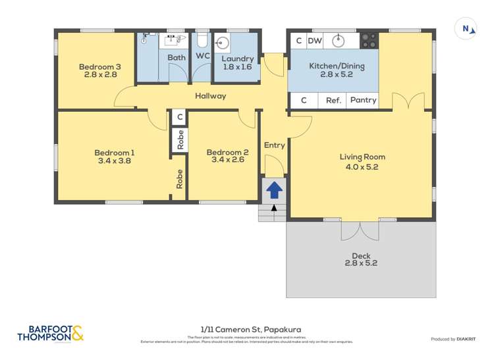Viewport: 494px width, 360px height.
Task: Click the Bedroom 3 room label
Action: (x=99, y=66)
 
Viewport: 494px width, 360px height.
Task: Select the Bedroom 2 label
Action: (x=227, y=151)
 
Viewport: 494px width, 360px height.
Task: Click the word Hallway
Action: (x=210, y=96)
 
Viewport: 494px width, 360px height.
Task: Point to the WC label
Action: (x=202, y=57)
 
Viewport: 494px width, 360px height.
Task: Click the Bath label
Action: (x=176, y=58)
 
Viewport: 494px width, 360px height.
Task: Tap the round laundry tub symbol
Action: (x=223, y=44)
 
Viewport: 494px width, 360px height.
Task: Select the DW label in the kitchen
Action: (x=315, y=41)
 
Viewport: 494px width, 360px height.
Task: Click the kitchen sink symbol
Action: (x=339, y=41)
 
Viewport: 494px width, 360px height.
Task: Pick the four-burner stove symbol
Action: (x=369, y=41)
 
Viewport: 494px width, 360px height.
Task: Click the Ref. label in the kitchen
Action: (x=334, y=101)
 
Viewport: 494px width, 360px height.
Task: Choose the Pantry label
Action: (x=363, y=101)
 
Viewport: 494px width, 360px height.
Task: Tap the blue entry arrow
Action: (x=274, y=190)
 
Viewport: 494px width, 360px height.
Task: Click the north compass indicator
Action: (x=466, y=28)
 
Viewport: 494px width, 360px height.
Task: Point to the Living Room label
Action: (x=362, y=157)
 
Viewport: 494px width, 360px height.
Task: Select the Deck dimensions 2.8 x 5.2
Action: (x=361, y=263)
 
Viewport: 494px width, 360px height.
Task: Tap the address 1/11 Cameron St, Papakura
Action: (x=246, y=329)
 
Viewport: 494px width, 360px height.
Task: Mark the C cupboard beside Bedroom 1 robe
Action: (x=179, y=117)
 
